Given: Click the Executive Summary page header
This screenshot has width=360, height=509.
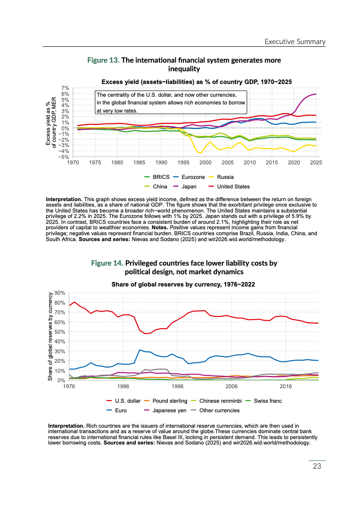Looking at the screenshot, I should coord(295,42).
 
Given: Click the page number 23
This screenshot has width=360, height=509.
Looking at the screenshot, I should coord(317,466).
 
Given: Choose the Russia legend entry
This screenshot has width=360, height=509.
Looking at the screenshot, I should coord(225,177).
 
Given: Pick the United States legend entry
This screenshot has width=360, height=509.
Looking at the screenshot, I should coord(233,186).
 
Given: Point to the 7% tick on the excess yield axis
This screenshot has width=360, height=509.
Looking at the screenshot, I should coord(65,88).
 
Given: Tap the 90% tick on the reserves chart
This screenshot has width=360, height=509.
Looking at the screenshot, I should coord(60,293).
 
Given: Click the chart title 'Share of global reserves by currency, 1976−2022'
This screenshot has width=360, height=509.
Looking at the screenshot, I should coord(183,284).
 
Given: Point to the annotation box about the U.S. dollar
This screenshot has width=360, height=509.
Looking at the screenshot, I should coord(171,102).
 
